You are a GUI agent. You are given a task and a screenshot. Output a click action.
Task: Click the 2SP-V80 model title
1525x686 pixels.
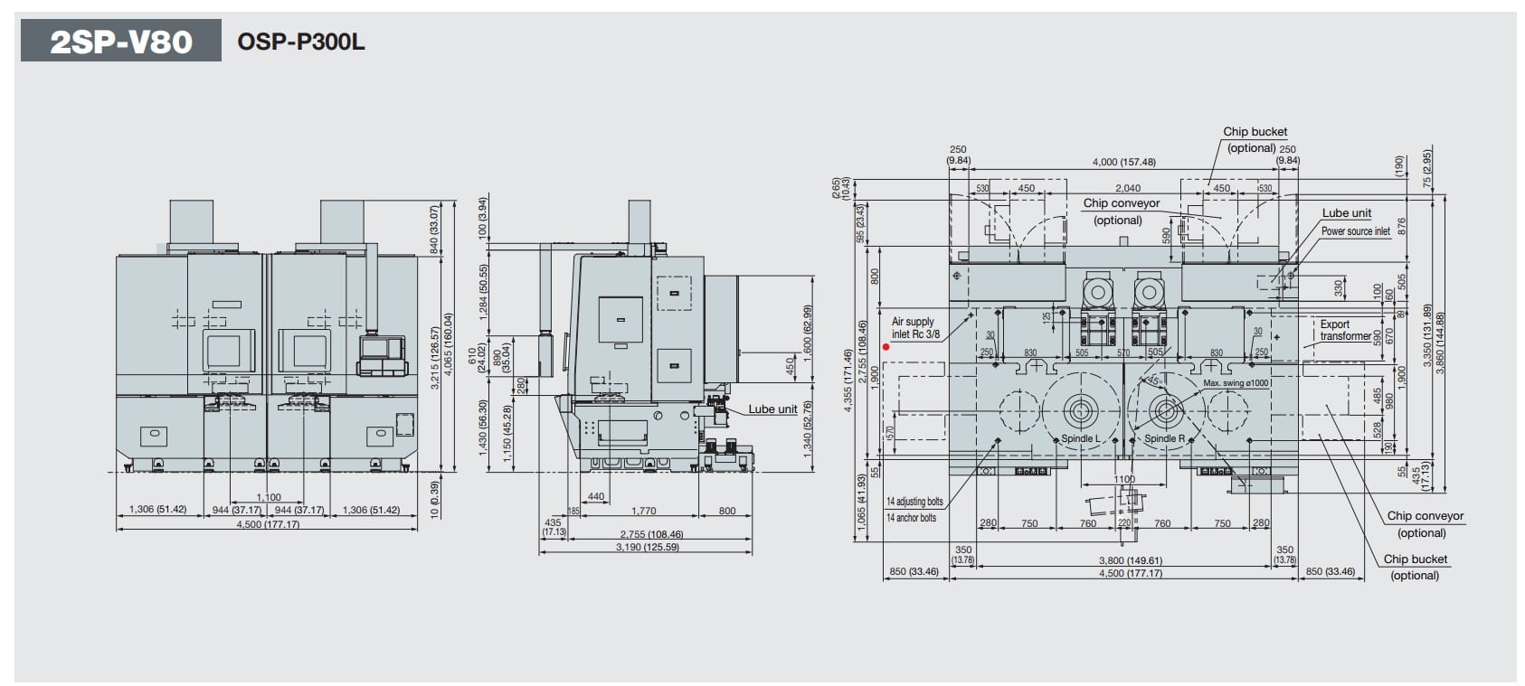pyautogui.click(x=120, y=41)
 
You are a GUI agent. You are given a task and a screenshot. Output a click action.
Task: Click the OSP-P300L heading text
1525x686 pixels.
pyautogui.click(x=301, y=42)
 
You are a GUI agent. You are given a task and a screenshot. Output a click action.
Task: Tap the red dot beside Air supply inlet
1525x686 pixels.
pyautogui.click(x=886, y=346)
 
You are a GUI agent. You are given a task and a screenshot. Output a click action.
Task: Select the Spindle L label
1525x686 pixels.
pyautogui.click(x=1080, y=438)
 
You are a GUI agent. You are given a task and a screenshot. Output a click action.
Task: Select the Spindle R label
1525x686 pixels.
pyautogui.click(x=1164, y=438)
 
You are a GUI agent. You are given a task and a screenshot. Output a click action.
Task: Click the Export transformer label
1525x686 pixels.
pyautogui.click(x=1344, y=330)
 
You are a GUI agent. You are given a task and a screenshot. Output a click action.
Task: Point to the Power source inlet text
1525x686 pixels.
pyautogui.click(x=1355, y=231)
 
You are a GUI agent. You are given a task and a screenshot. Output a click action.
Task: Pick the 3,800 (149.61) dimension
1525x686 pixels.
pyautogui.click(x=1130, y=560)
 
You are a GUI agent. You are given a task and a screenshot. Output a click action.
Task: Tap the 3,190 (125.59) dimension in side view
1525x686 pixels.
pyautogui.click(x=647, y=547)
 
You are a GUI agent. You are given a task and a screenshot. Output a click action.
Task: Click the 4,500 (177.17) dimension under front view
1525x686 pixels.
pyautogui.click(x=268, y=524)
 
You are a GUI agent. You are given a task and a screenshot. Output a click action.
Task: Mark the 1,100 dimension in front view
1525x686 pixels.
pyautogui.click(x=269, y=497)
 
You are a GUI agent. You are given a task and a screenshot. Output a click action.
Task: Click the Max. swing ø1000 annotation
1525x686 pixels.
pyautogui.click(x=1236, y=383)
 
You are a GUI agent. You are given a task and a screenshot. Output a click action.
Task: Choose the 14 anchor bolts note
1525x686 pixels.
pyautogui.click(x=911, y=518)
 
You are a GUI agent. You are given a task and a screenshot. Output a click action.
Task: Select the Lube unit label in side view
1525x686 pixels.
pyautogui.click(x=772, y=409)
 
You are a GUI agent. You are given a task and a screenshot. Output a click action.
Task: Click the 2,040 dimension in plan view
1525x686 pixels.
pyautogui.click(x=1127, y=188)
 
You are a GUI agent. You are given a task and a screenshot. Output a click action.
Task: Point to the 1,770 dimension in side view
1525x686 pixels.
pyautogui.click(x=643, y=511)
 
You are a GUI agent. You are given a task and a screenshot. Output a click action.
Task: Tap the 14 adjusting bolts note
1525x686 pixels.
pyautogui.click(x=914, y=502)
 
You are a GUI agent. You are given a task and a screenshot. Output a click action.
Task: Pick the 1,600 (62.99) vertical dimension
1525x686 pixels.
pyautogui.click(x=808, y=328)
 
